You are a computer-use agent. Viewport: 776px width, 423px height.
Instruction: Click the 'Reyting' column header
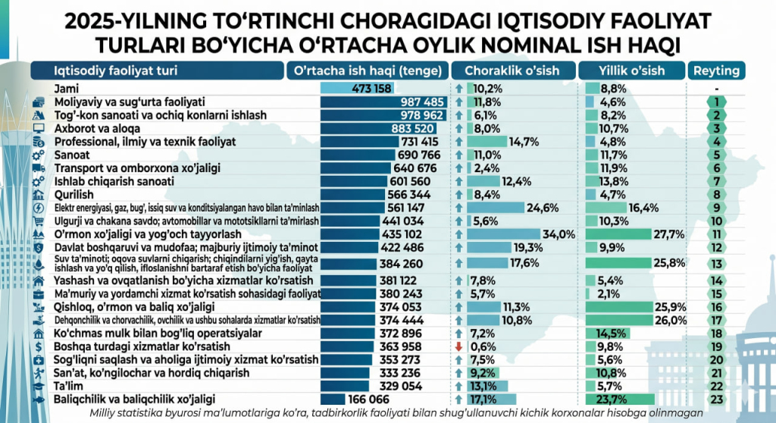(x=716, y=71)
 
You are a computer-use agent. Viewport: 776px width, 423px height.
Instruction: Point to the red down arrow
(x=458, y=346)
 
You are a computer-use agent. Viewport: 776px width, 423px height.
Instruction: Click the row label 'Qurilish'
(x=74, y=195)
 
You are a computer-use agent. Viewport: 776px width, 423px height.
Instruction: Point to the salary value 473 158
(x=372, y=89)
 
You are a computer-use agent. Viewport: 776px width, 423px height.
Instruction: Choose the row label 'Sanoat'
(x=72, y=155)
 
